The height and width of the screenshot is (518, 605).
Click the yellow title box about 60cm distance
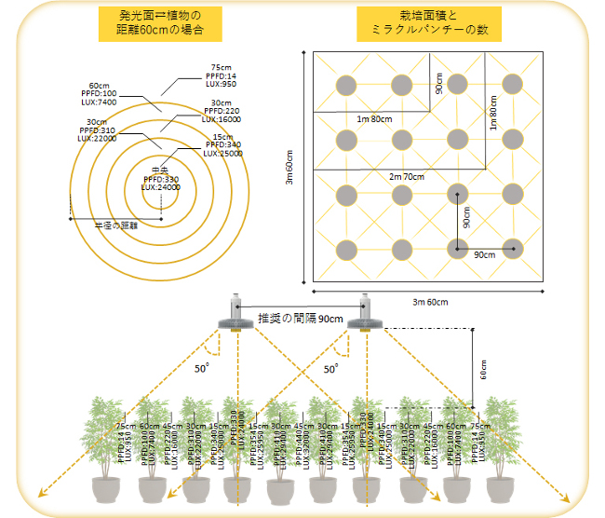click(x=164, y=25)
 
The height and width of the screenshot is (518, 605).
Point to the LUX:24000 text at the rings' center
click(x=161, y=187)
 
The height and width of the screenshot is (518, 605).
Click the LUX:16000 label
click(x=223, y=119)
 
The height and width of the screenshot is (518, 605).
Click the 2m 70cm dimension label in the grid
click(x=407, y=175)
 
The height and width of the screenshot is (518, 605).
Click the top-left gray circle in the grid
click(x=346, y=86)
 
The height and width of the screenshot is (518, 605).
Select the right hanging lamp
click(x=364, y=315)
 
